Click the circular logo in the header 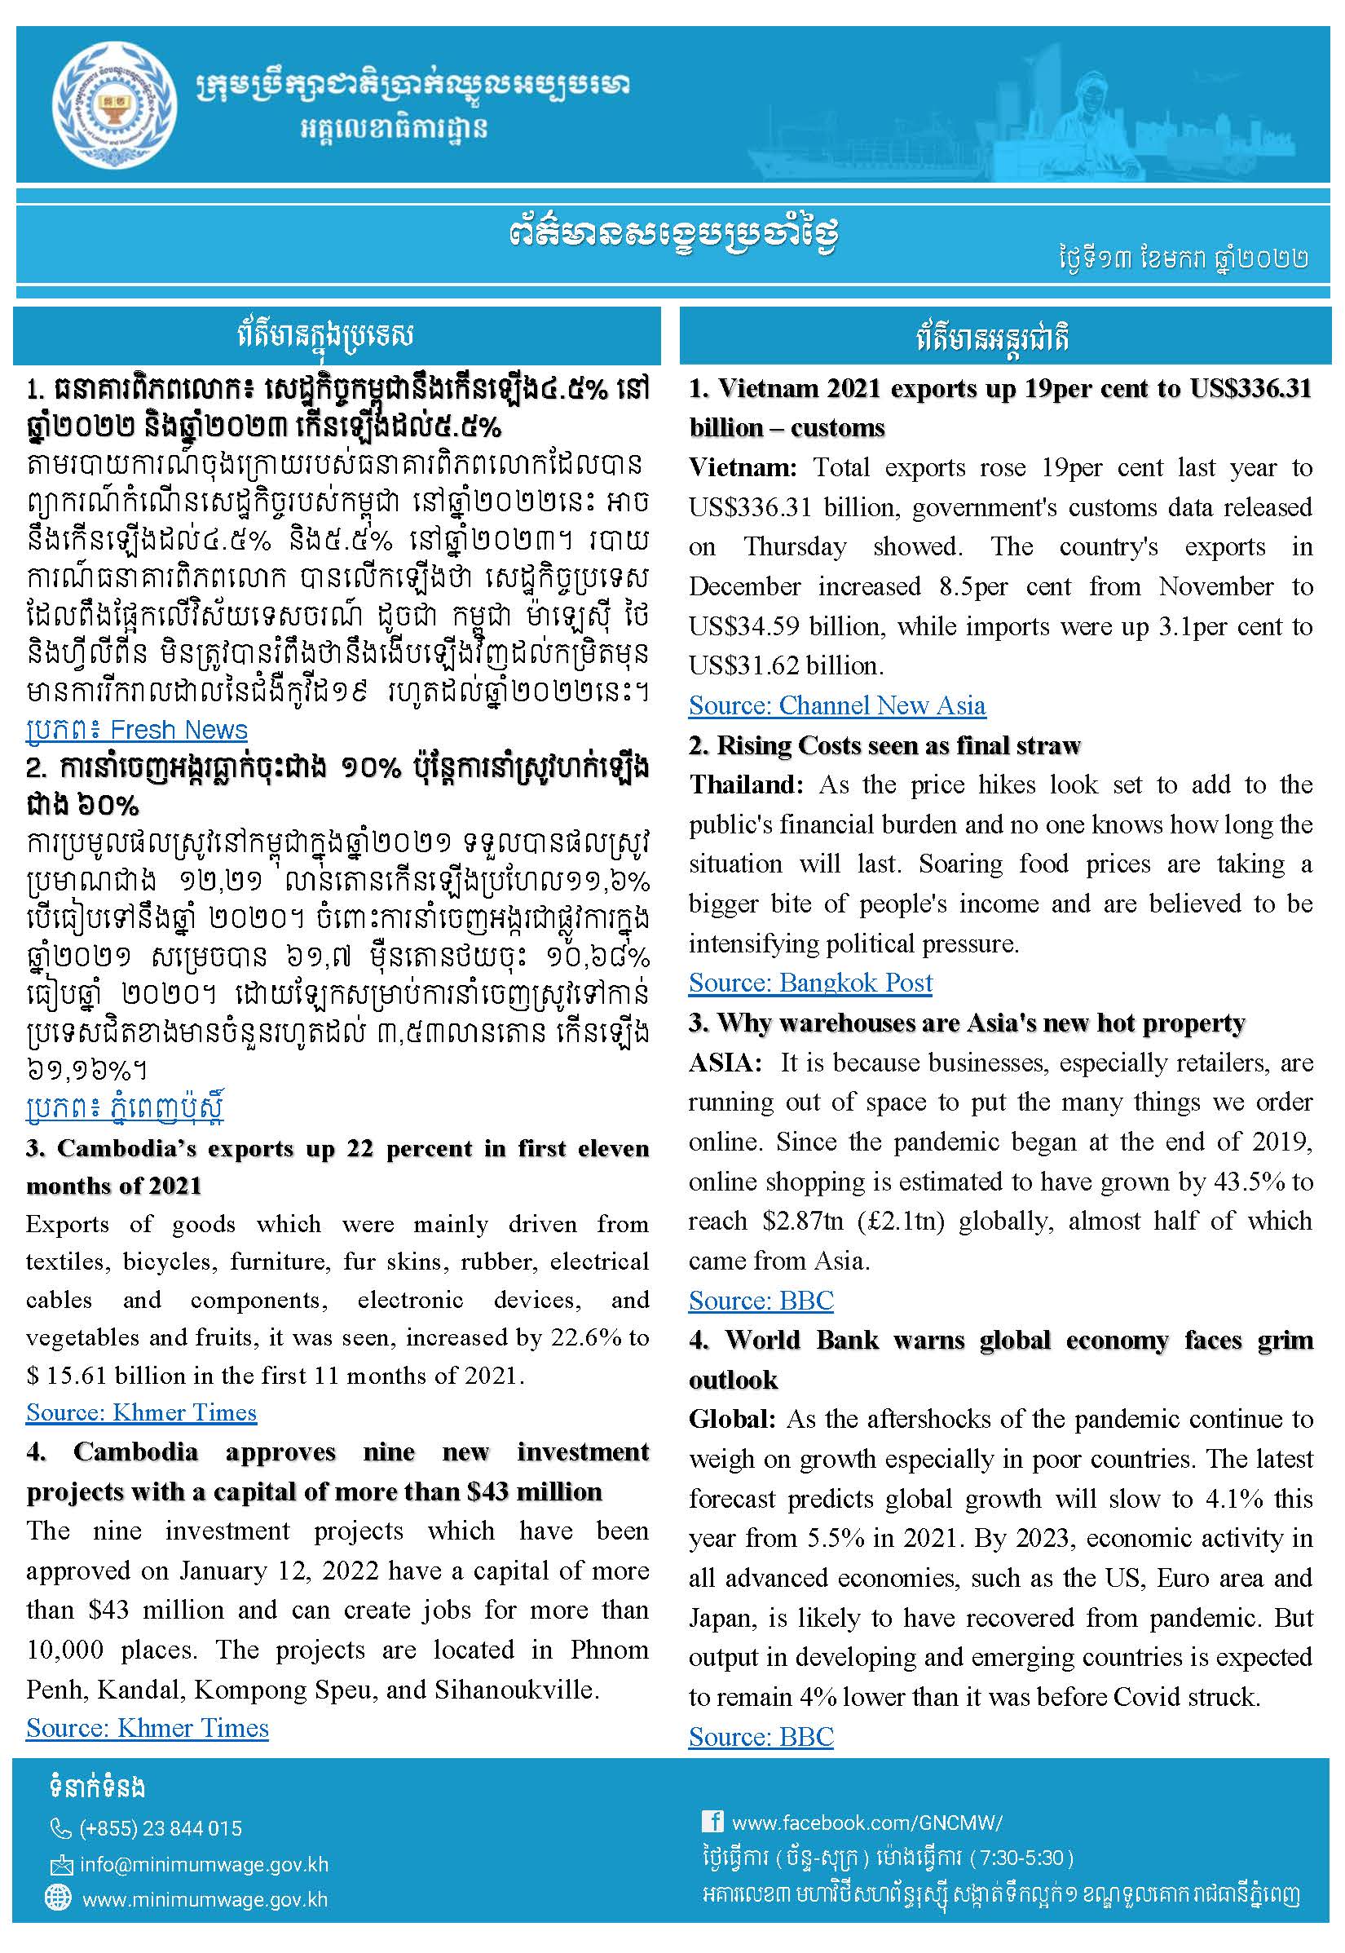click(x=115, y=105)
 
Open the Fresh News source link click(x=136, y=730)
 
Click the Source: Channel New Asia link click(x=836, y=705)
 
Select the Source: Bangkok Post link click(x=810, y=983)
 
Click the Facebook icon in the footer click(x=712, y=1821)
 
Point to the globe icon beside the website click(x=57, y=1898)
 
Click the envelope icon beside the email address click(x=60, y=1864)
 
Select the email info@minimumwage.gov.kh click(x=204, y=1864)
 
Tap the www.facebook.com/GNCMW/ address click(x=867, y=1823)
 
